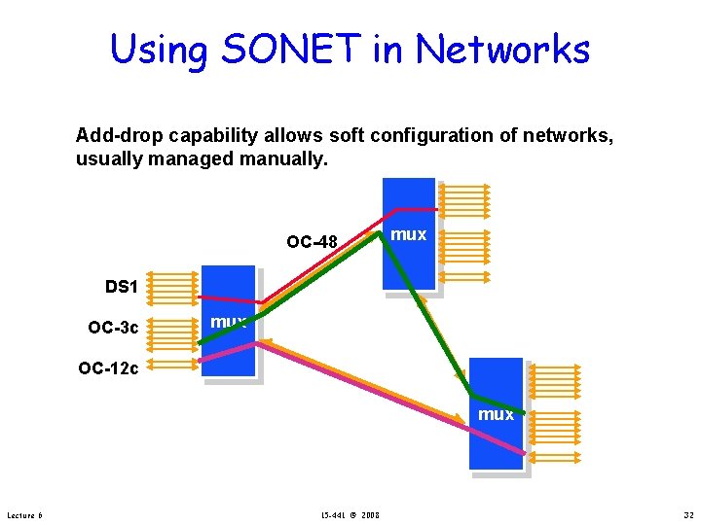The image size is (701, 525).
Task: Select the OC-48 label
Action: pos(312,241)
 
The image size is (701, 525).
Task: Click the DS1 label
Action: pos(123,287)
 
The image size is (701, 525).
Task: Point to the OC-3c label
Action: pos(114,328)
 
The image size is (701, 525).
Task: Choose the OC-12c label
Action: pos(108,367)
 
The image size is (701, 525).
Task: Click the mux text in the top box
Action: pos(408,234)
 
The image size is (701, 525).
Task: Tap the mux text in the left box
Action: pos(229,321)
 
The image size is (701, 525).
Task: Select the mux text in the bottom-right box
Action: pos(496,414)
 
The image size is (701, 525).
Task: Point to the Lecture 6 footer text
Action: pos(24,514)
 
